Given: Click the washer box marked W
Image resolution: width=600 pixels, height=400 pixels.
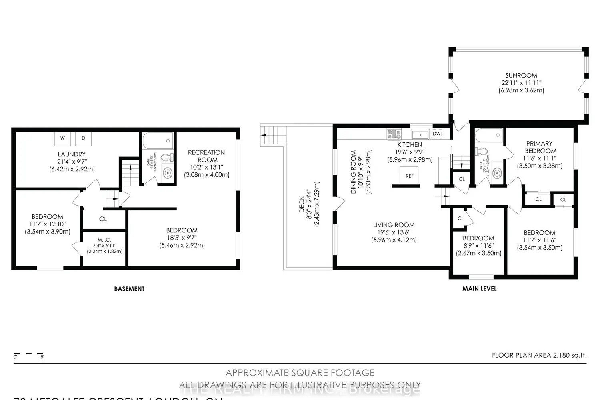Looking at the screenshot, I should pos(62,138).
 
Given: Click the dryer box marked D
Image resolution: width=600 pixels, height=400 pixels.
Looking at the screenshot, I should pos(83,138).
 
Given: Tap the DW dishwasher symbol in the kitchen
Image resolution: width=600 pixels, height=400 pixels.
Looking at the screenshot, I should pos(437,134).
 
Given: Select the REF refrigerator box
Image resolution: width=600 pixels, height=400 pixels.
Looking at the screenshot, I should pos(410,176).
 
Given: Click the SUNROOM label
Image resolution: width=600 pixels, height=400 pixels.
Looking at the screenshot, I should pos(521,75).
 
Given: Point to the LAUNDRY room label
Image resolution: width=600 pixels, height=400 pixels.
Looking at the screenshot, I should pos(72,154).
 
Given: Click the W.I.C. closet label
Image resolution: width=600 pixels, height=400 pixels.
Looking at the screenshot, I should pos(104,240).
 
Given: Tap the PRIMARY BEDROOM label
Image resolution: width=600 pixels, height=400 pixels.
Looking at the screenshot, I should pos(540,147).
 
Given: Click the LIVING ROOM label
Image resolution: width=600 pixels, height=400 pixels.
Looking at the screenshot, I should pos(394,225).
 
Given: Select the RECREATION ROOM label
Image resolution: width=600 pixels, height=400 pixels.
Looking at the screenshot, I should pos(206,156).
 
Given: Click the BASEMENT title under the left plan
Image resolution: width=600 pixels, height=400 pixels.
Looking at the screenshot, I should pos(129,289).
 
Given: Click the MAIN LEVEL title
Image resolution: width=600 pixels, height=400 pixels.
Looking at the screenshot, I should pos(479,288).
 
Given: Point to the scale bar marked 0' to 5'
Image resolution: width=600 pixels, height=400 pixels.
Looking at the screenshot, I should pos(29,355).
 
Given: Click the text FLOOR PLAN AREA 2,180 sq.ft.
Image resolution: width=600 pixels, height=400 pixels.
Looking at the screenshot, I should pos(539,355).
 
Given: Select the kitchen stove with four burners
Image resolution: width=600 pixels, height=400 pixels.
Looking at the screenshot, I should pos(394,134).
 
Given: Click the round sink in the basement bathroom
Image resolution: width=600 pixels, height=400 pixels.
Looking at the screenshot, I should pos(167,173).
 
